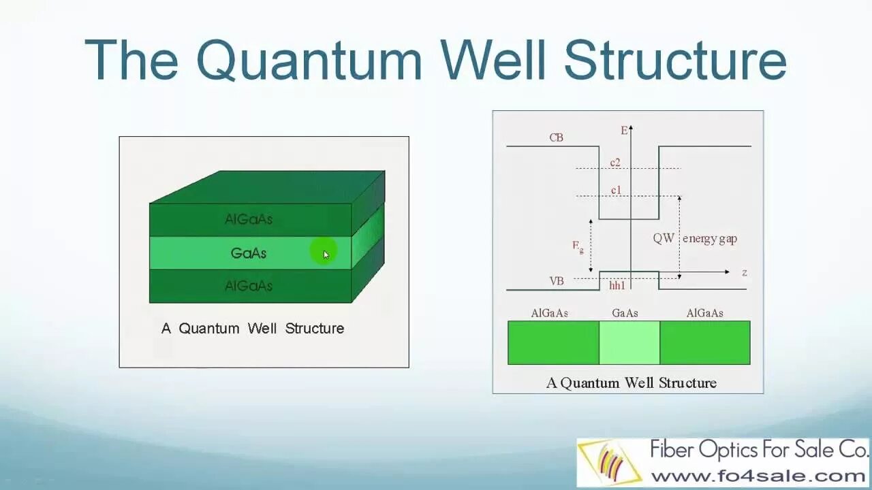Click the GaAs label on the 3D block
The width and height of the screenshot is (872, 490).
[x=248, y=253]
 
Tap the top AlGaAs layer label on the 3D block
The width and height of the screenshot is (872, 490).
[x=248, y=219]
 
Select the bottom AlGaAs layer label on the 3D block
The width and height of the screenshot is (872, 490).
[x=248, y=286]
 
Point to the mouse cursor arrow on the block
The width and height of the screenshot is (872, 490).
[x=326, y=255]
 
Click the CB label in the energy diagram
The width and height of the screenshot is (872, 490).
[x=556, y=137]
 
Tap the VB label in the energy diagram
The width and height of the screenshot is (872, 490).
[x=556, y=280]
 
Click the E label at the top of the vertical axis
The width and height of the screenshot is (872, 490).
[x=623, y=131]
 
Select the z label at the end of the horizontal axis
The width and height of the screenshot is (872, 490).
[x=745, y=272]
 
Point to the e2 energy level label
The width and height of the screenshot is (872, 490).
[x=615, y=163]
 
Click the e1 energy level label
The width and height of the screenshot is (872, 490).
[x=616, y=191]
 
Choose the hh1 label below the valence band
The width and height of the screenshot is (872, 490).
[x=617, y=286]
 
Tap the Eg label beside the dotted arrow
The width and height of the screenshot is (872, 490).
[x=578, y=246]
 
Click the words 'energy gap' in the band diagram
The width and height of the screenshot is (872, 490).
[x=709, y=238]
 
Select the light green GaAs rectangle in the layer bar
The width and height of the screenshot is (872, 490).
[x=629, y=342]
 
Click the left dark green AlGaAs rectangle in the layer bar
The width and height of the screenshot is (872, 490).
[x=553, y=342]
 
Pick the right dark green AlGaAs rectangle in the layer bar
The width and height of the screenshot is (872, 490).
[x=704, y=342]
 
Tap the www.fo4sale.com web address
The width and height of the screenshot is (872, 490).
[x=758, y=475]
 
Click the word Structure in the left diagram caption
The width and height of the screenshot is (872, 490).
[x=314, y=328]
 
